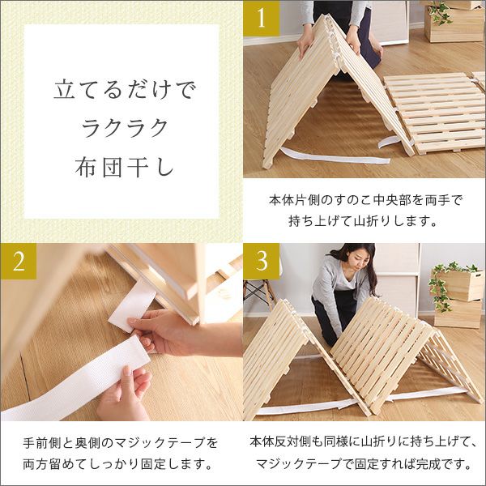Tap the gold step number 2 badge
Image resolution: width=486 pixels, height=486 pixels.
point(19,262)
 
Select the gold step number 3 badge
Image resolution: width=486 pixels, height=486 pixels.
point(262,262)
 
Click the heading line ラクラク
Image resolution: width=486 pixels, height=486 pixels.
point(125,128)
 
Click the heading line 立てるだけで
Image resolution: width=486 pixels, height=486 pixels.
point(125,90)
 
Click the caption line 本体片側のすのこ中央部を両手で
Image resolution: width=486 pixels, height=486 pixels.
point(365,200)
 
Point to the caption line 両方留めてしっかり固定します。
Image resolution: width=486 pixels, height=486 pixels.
point(117,463)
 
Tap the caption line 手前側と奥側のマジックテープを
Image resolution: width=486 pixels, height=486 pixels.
point(120,442)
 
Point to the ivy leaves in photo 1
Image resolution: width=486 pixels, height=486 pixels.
point(441,12)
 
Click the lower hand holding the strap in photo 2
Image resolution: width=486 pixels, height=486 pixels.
point(125,394)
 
